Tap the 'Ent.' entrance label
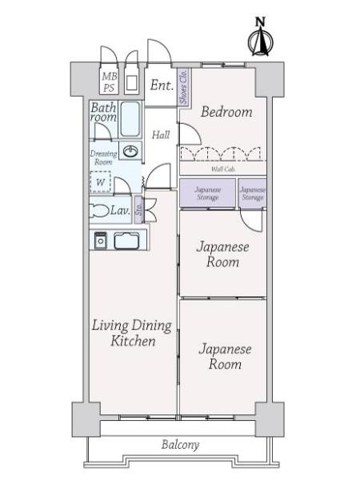[x=162, y=85]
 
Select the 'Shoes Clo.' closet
[x=183, y=86]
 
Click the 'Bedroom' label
[x=226, y=112]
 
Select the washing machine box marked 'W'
[x=101, y=182]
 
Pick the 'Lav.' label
[x=122, y=210]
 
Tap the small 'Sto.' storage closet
[x=138, y=210]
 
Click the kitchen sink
[x=126, y=240]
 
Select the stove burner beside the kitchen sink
[x=101, y=240]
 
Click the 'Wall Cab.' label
[x=222, y=169]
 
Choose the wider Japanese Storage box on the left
[x=207, y=193]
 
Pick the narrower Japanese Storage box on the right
[x=253, y=193]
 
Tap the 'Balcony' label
[x=179, y=445]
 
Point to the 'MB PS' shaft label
[x=108, y=82]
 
